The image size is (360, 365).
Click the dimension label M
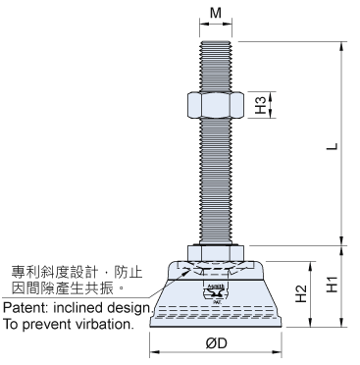coord(216,13)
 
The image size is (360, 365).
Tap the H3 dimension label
coord(261,105)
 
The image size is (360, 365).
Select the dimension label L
coord(333,146)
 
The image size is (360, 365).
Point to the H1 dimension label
coord(333,284)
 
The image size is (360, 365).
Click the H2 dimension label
coord(301,293)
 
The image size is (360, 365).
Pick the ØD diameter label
coord(217,343)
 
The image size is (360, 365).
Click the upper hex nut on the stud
coord(216,105)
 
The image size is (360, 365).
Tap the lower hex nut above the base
coord(216,253)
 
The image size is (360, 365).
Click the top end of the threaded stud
coord(216,41)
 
